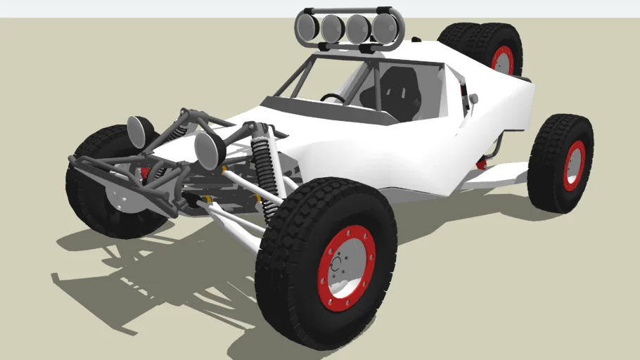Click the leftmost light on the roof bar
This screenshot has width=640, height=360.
307,27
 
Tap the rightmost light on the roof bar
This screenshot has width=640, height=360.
384,28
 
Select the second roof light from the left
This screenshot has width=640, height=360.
332,27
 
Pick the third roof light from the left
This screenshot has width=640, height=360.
358,28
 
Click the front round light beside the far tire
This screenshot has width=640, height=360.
141,131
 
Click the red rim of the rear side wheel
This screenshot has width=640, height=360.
575,165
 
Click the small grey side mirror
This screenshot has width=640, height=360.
474,98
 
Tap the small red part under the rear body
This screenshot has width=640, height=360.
482,163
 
